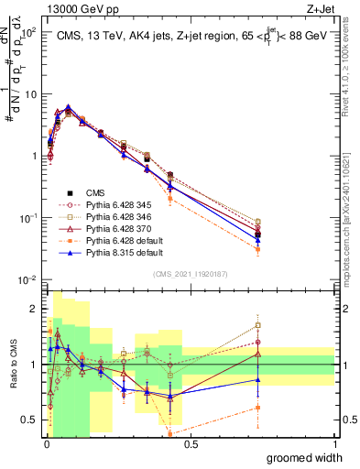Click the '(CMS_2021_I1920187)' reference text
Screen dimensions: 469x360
[x=190, y=272]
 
